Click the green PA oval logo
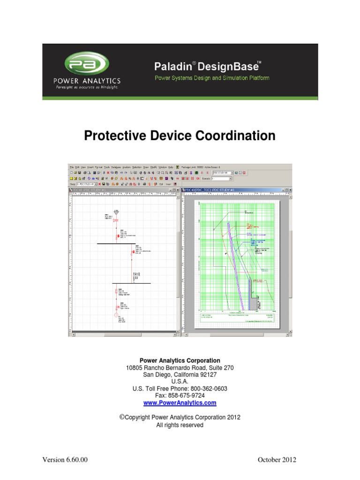(x=87, y=64)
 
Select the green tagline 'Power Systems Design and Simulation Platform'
(x=212, y=78)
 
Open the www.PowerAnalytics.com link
(x=180, y=403)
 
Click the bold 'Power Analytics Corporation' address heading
(x=180, y=360)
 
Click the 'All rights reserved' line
(x=180, y=425)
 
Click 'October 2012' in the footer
(x=277, y=459)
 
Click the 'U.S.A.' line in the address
(x=180, y=382)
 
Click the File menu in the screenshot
(x=72, y=167)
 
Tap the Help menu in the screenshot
(x=171, y=167)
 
